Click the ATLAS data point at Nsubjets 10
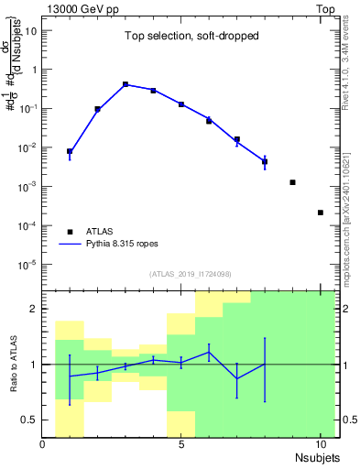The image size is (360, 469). click(x=320, y=213)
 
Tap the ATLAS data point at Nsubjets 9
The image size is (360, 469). click(x=292, y=182)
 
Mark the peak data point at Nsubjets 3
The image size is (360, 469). click(x=125, y=84)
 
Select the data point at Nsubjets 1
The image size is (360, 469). click(x=70, y=151)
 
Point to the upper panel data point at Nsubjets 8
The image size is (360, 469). click(x=264, y=162)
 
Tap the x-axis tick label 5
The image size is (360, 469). click(x=181, y=444)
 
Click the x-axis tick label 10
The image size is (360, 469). click(x=320, y=444)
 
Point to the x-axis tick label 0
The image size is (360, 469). click(x=43, y=444)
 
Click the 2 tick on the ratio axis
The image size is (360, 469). click(x=34, y=309)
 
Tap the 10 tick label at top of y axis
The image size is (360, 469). click(x=31, y=30)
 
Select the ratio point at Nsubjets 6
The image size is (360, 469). click(x=209, y=352)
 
